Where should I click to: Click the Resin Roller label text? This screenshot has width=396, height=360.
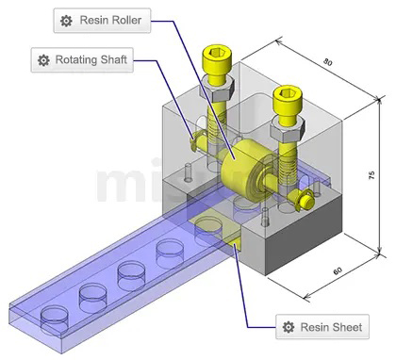114,20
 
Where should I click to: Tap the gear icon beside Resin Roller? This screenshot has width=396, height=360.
65,20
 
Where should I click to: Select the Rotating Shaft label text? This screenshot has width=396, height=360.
94,60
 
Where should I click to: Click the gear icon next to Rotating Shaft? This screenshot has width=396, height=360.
43,60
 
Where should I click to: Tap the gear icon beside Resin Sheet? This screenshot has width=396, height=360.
289,328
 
